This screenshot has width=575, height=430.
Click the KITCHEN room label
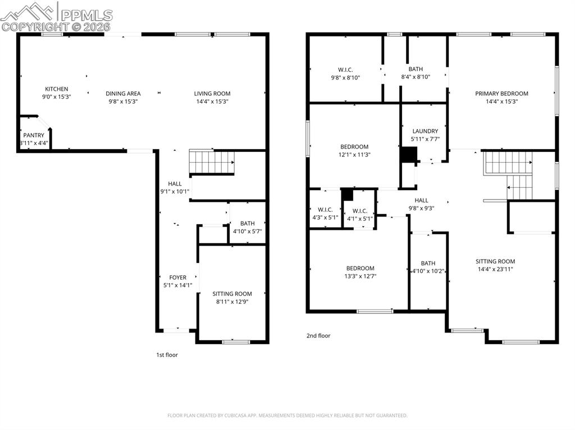[56, 89]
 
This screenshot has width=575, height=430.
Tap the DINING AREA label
[125, 94]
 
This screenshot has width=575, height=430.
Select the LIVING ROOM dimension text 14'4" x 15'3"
[212, 101]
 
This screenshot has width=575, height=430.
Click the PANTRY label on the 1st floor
[34, 135]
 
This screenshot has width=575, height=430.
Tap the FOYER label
[177, 278]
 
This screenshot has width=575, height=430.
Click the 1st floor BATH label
[247, 223]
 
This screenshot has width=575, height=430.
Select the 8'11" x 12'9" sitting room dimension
[232, 302]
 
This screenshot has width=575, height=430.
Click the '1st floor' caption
[167, 355]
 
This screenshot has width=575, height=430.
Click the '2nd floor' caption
[318, 336]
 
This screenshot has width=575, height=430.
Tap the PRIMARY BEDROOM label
[501, 94]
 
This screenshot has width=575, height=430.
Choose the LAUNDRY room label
[425, 131]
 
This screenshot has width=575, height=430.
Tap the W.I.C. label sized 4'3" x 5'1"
[325, 218]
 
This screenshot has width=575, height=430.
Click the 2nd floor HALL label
[421, 200]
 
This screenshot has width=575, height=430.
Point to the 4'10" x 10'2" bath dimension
[428, 271]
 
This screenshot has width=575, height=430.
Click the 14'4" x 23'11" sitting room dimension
[495, 269]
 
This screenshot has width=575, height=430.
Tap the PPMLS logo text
[86, 15]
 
